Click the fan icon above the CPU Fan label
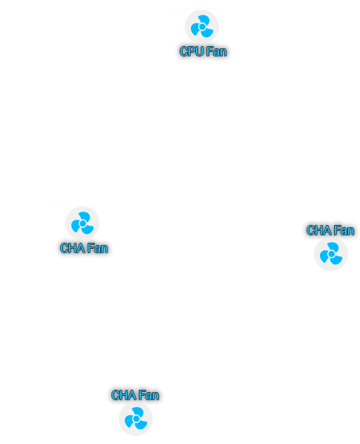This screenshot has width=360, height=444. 202,27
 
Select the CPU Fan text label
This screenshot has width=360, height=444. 203,51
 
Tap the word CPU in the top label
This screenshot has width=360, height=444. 192,51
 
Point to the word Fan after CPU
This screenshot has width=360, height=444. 217,51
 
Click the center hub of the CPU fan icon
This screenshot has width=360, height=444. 202,27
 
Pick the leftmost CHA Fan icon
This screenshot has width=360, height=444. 82,223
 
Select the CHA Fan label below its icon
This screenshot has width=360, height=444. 84,248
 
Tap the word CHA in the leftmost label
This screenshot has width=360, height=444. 72,248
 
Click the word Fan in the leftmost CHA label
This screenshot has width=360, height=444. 98,248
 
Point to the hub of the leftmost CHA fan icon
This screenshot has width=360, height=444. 82,223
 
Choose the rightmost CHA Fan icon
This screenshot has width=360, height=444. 331,254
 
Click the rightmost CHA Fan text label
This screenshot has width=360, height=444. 330,230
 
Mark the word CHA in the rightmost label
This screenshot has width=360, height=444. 318,230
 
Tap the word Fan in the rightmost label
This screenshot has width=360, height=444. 344,230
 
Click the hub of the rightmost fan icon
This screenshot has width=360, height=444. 331,254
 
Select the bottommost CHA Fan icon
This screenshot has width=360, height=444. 136,419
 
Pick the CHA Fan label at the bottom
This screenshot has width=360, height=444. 135,395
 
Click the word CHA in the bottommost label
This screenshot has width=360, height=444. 123,395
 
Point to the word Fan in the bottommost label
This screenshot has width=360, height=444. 149,395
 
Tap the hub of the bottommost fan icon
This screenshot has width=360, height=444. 136,419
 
